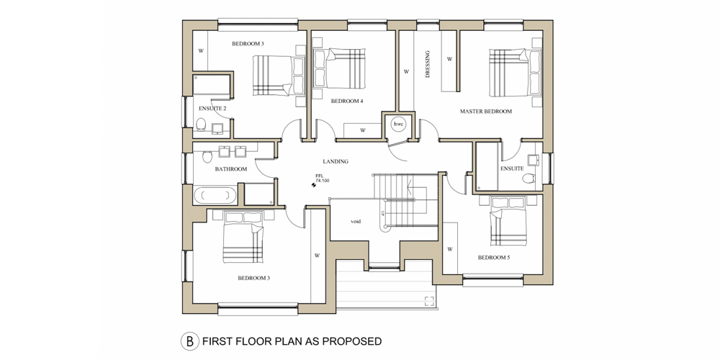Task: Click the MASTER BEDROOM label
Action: pos(486,112)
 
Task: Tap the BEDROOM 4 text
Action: pos(347,102)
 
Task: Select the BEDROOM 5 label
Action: pos(494,258)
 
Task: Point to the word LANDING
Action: pos(336,161)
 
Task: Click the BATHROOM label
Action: pos(231,169)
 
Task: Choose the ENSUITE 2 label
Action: pos(212,109)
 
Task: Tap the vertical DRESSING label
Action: pos(428,64)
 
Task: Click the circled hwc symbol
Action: pos(397,124)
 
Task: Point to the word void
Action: pos(356,221)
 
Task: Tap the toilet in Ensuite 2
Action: pos(201,124)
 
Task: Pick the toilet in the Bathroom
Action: pos(207,157)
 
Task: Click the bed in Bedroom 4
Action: pos(339,68)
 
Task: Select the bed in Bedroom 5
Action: pos(508,222)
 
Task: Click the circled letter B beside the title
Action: pos(189,341)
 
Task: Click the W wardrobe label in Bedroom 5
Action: pos(450,249)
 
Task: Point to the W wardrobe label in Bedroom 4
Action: pos(363,130)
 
